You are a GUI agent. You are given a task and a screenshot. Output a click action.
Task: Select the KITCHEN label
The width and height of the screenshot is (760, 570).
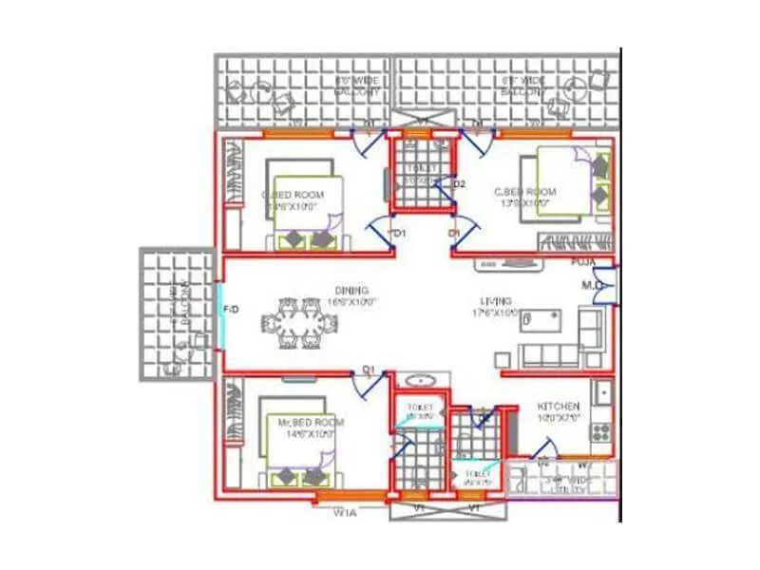tap(559, 406)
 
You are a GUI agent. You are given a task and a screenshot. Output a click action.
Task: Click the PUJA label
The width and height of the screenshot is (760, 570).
tap(583, 261)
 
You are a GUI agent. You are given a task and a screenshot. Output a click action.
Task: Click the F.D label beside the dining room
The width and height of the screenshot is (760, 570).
tap(229, 310)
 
